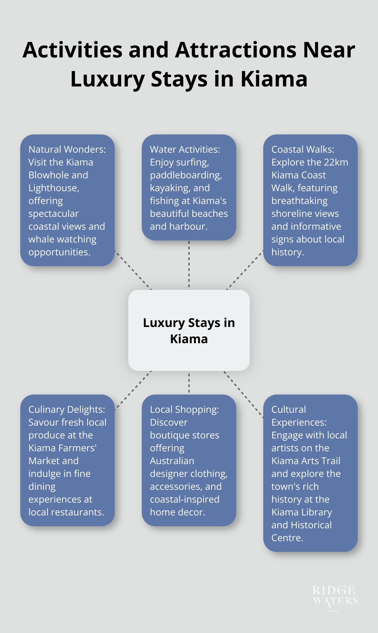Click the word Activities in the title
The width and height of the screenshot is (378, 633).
tap(73, 50)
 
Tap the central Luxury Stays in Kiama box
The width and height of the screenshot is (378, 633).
tap(189, 330)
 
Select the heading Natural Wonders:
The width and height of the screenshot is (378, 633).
tap(67, 149)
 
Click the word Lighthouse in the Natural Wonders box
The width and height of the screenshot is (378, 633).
tap(53, 188)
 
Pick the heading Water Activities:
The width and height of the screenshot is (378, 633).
tap(185, 149)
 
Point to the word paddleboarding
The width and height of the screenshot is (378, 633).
tap(186, 175)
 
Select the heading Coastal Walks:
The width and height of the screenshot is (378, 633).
tap(303, 149)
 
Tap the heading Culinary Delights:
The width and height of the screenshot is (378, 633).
tap(66, 409)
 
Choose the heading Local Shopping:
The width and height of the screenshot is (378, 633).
tap(184, 409)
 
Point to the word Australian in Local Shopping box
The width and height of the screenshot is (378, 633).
tap(172, 461)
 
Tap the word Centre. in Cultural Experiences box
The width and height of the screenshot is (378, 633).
tap(287, 538)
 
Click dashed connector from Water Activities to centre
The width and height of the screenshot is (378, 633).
tap(189, 265)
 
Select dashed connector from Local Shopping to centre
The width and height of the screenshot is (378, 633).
tap(189, 383)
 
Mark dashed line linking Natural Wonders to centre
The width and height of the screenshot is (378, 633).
tap(133, 270)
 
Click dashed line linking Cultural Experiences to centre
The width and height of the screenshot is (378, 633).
tap(243, 394)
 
